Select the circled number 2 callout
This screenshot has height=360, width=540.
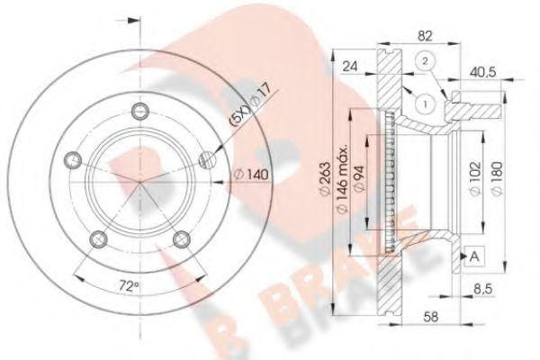pyautogui.click(x=424, y=61)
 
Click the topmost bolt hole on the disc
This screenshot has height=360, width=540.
pyautogui.click(x=138, y=112)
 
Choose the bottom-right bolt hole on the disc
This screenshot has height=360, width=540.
pyautogui.click(x=183, y=238)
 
